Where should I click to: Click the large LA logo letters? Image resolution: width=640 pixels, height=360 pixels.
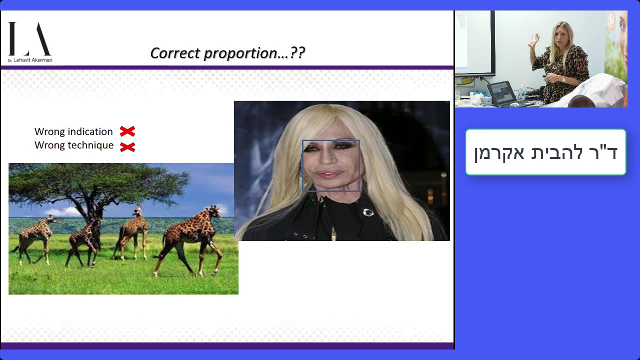pyautogui.click(x=29, y=39)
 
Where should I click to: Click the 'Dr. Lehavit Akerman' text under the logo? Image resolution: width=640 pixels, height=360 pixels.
pyautogui.click(x=30, y=60)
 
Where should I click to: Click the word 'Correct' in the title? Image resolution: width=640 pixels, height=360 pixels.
pyautogui.click(x=175, y=53)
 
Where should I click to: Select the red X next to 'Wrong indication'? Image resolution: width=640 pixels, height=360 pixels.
pyautogui.click(x=127, y=131)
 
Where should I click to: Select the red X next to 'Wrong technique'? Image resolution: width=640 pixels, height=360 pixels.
pyautogui.click(x=127, y=147)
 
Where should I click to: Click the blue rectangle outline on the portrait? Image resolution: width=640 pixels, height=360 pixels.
pyautogui.click(x=331, y=140)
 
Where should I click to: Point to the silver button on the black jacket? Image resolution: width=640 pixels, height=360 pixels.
pyautogui.click(x=368, y=212)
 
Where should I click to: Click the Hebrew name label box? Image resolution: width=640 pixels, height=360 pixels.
pyautogui.click(x=545, y=152)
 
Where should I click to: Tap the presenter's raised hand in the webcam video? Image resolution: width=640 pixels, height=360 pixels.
pyautogui.click(x=533, y=41)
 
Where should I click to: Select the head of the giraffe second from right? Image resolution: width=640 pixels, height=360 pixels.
pyautogui.click(x=138, y=210)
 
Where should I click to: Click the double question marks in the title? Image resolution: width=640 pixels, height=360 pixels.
pyautogui.click(x=297, y=53)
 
